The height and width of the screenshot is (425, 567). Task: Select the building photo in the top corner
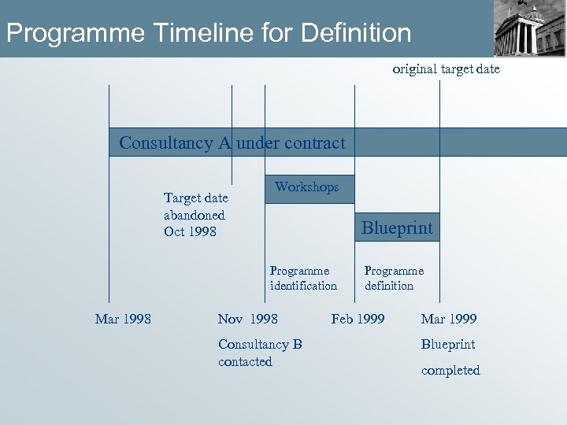point(529,28)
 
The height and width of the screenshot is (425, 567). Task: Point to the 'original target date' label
point(446,69)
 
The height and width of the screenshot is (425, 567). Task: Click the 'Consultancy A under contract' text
point(232,143)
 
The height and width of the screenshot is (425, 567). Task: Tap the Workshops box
point(309,188)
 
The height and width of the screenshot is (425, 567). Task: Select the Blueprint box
point(397,227)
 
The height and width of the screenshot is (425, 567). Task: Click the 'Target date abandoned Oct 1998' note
point(195,215)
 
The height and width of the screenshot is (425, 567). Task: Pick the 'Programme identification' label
point(303,279)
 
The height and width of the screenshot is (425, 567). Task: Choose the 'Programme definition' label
point(394,279)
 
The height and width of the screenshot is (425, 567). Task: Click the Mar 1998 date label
point(123,319)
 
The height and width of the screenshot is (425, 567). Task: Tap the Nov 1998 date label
point(247,319)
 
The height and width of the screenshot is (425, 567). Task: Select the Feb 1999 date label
point(358,319)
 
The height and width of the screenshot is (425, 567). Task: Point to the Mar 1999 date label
point(449,319)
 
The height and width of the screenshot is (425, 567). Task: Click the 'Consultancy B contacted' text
point(260,353)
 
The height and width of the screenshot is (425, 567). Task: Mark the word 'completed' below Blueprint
point(450,370)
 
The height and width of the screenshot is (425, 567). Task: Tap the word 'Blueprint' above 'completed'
point(448,345)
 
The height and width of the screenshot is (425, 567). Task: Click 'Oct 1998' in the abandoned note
point(190,231)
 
